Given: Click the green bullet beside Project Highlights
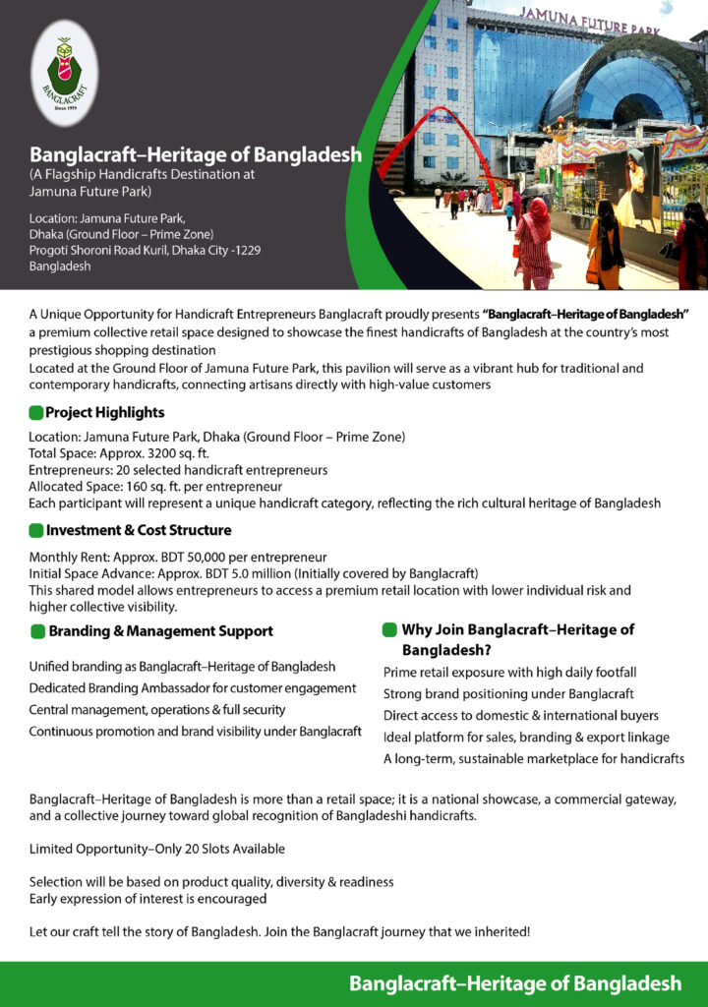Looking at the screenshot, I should (36, 412).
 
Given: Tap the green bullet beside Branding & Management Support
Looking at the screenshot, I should (37, 630).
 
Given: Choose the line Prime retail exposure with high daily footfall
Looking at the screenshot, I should (509, 672).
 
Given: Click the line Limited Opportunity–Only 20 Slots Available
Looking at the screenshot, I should (157, 848).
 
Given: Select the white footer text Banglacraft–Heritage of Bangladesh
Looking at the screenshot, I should (514, 983).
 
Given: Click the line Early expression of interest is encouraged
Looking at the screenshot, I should (147, 898).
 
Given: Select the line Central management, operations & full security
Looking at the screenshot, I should (157, 709).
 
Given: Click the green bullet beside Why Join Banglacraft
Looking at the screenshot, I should (389, 629).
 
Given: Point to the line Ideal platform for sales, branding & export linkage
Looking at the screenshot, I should (526, 737).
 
